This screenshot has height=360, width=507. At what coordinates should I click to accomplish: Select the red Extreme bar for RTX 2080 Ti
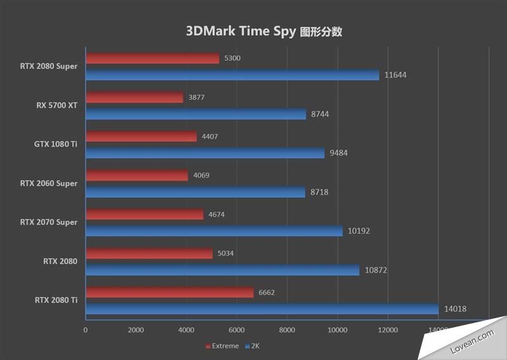click(x=169, y=292)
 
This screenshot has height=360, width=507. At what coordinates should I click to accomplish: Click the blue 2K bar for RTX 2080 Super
click(x=232, y=75)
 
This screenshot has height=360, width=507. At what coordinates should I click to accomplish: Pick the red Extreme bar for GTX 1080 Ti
click(x=141, y=136)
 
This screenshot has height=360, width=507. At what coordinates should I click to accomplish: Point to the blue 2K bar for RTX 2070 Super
click(x=214, y=231)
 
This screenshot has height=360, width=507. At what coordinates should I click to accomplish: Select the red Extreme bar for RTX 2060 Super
click(x=137, y=176)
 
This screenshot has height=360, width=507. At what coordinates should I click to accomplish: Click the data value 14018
click(x=455, y=309)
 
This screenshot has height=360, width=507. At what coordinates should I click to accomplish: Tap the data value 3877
click(x=196, y=98)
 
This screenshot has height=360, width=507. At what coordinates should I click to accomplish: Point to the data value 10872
click(x=376, y=270)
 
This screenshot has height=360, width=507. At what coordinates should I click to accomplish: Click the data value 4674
click(x=216, y=215)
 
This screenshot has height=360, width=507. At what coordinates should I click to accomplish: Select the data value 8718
click(x=319, y=191)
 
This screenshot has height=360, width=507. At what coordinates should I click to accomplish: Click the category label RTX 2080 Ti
click(x=56, y=300)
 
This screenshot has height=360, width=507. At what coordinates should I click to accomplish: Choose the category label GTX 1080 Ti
click(x=56, y=144)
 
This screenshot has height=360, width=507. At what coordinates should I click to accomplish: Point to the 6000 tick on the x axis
click(x=236, y=330)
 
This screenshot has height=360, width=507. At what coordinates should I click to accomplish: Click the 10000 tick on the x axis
click(x=337, y=330)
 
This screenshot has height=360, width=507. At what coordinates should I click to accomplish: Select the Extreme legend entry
click(x=222, y=346)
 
